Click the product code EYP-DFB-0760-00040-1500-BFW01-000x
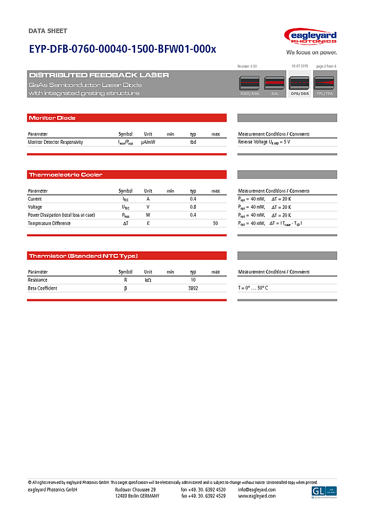122,49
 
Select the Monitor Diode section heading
52,118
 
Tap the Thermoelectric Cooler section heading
66,175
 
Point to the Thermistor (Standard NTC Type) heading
83,256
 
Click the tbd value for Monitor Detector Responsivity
193,142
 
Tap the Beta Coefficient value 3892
193,288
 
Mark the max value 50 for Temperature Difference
215,223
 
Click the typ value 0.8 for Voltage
193,207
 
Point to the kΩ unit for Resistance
148,280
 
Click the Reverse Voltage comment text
264,142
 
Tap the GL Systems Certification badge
324,492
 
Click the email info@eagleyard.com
256,490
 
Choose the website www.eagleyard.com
256,496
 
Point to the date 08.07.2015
300,66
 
